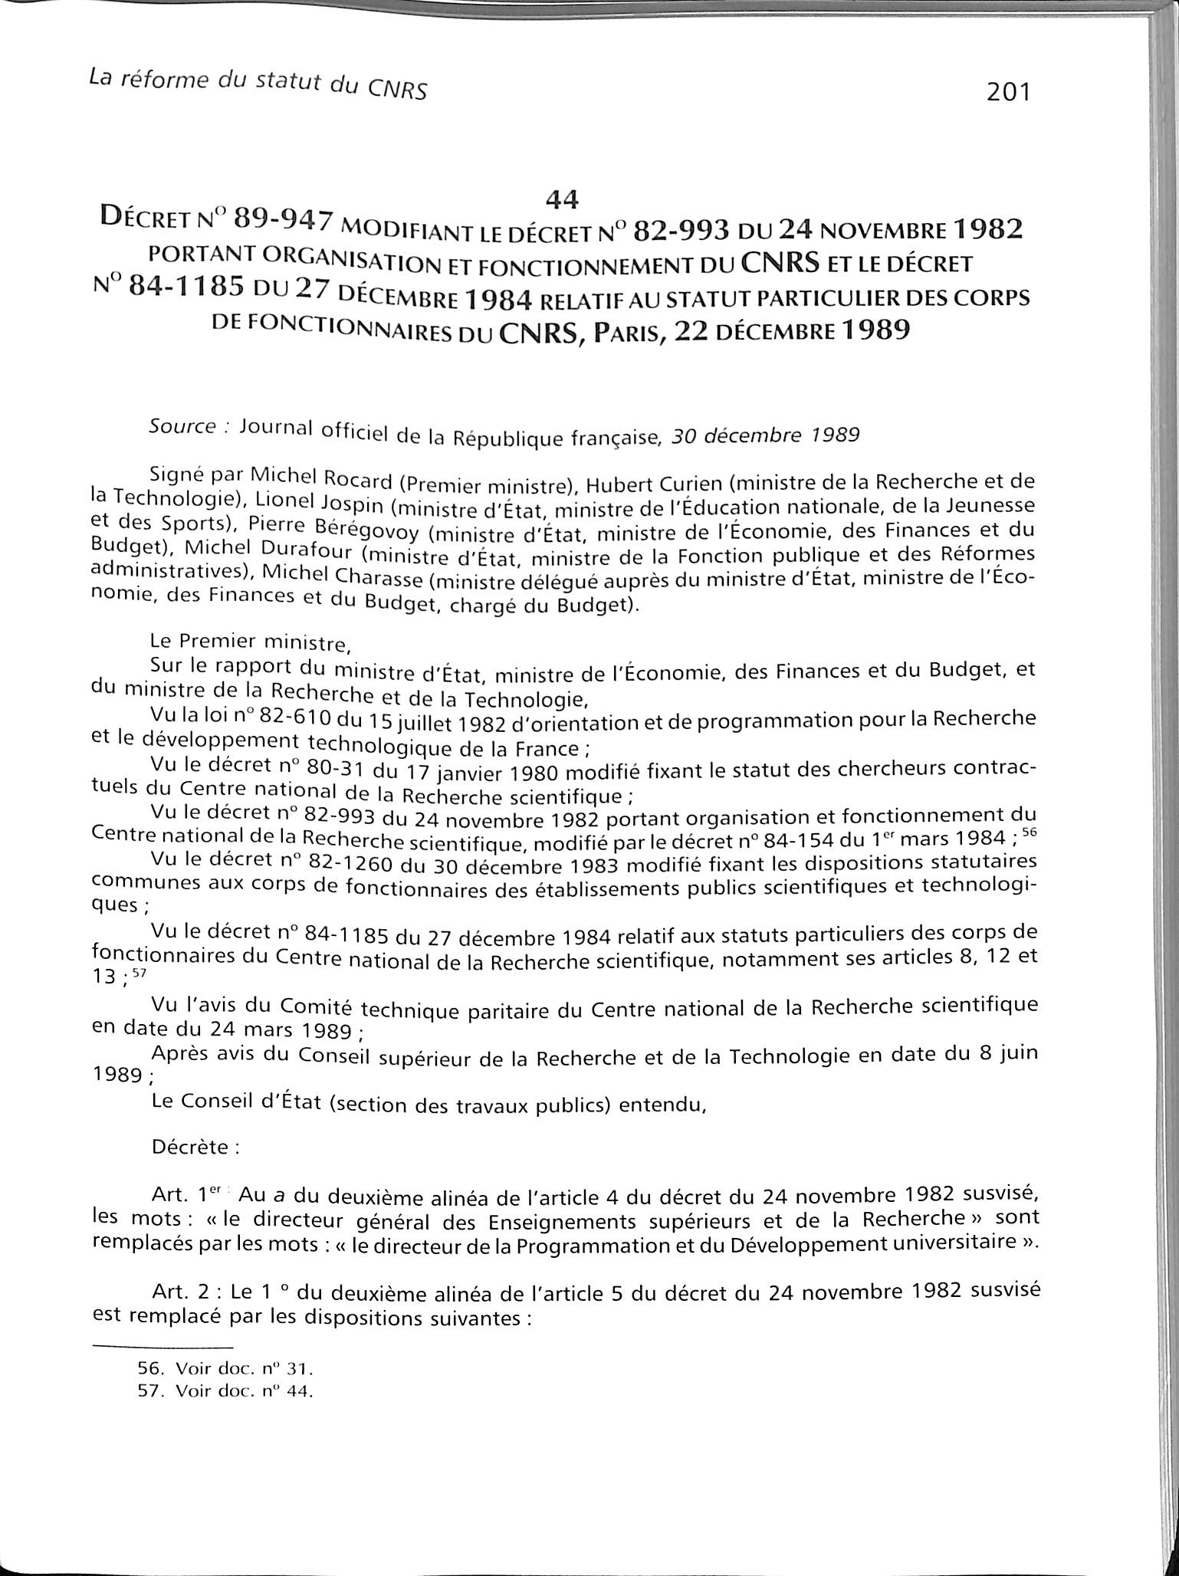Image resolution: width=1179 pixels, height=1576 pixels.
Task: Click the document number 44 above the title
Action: click(x=561, y=199)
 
